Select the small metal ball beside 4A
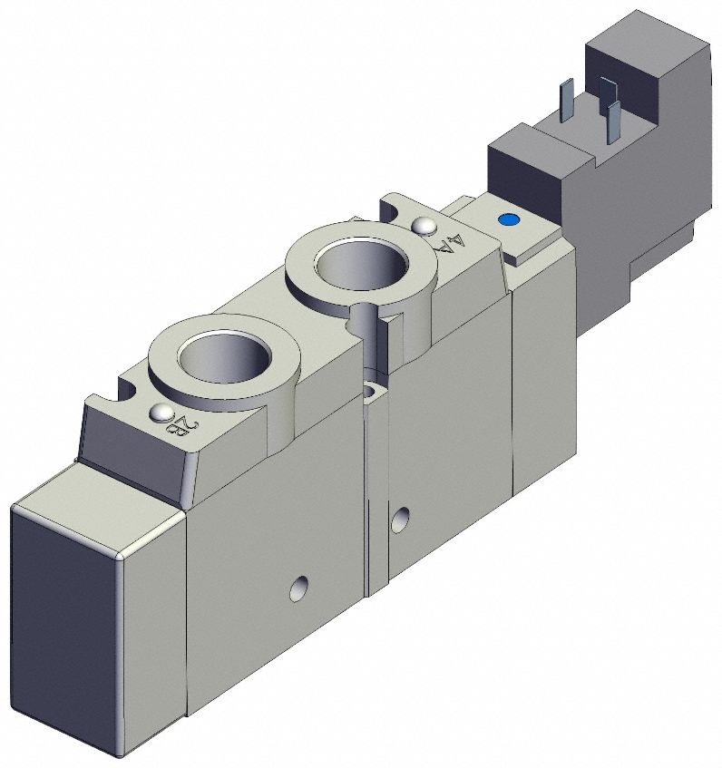click(x=422, y=225)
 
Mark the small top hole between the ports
click(x=372, y=392)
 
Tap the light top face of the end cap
click(x=100, y=512)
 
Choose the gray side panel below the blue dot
click(x=542, y=363)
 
